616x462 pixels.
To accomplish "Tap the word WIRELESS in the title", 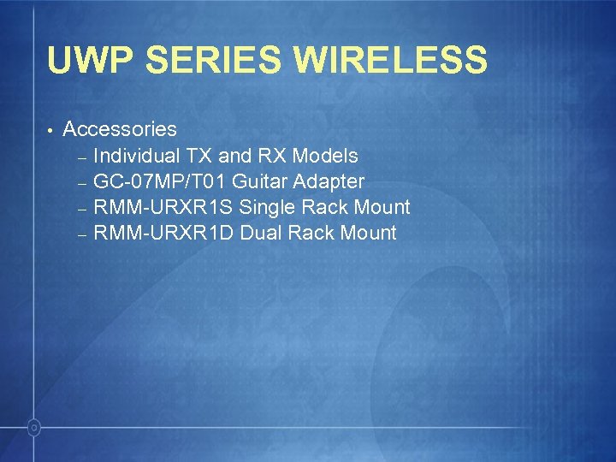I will pos(390,62).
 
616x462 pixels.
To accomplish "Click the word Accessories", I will pos(120,129).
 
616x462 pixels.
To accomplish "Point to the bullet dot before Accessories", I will pos(51,130).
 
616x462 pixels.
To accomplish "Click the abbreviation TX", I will pos(199,156).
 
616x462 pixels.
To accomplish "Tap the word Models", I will pos(325,156).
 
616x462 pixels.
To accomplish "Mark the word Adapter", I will pos(329,181).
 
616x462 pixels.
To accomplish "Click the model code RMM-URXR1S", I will pos(163,207).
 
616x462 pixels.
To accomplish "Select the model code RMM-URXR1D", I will pos(164,233).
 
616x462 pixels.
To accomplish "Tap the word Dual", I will pos(260,233).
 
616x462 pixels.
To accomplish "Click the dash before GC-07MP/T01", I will pos(82,183).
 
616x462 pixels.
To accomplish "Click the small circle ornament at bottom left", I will pos(33,425).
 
